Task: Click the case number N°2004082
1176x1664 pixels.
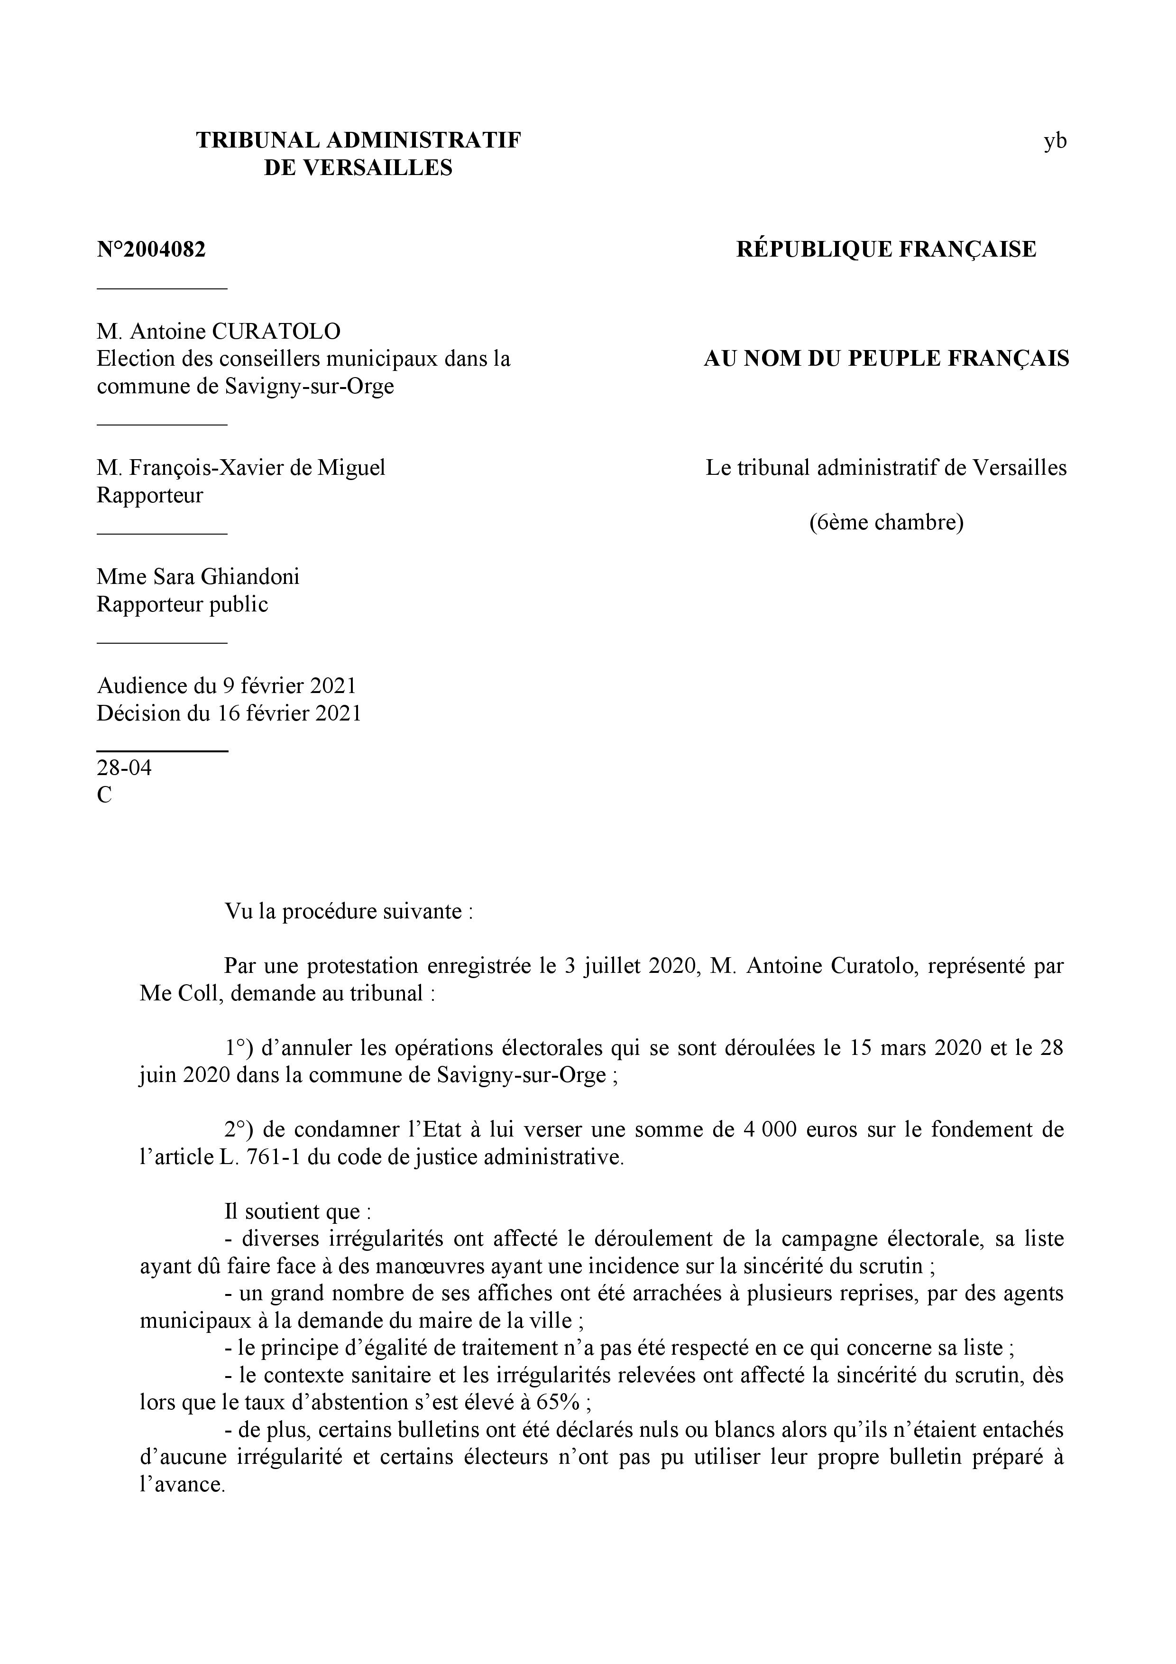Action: [x=151, y=250]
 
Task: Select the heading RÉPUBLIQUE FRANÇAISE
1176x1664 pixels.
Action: [x=886, y=250]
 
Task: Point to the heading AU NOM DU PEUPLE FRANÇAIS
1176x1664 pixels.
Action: [x=886, y=359]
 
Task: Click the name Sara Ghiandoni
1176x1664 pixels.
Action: [x=226, y=577]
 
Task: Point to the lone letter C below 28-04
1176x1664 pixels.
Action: [x=104, y=795]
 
